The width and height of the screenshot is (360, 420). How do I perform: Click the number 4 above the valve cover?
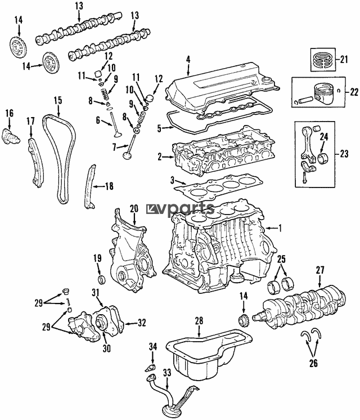(188, 60)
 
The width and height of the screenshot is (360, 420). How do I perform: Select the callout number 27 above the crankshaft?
(320, 270)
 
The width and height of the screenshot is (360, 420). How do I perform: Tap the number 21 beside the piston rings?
(344, 59)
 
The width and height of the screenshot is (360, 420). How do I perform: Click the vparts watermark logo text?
(181, 208)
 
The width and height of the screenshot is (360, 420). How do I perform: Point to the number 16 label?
(10, 113)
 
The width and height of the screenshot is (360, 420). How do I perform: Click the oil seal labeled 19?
(102, 279)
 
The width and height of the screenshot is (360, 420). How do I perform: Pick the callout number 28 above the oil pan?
(199, 320)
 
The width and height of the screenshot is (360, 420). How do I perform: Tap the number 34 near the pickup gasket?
(153, 347)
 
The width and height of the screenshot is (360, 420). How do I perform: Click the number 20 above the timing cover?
(134, 208)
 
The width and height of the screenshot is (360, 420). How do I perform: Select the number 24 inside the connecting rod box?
(324, 137)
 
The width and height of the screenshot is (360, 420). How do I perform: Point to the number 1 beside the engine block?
(280, 228)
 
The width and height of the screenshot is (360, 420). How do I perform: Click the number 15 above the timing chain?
(58, 100)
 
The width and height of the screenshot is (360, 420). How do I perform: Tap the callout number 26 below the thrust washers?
(313, 363)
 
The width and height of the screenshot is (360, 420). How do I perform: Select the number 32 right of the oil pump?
(142, 323)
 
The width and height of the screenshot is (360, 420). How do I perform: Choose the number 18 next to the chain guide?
(109, 186)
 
